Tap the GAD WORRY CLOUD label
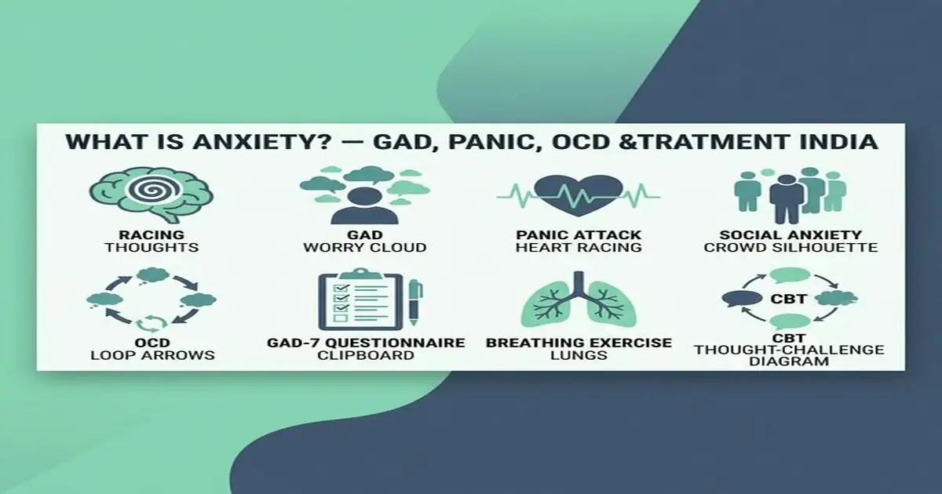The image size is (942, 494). click(365, 241)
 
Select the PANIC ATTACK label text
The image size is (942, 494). click(579, 234)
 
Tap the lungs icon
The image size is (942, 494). click(579, 305)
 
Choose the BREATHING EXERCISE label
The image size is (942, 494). click(579, 343)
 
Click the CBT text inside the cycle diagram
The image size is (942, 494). click(788, 298)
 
